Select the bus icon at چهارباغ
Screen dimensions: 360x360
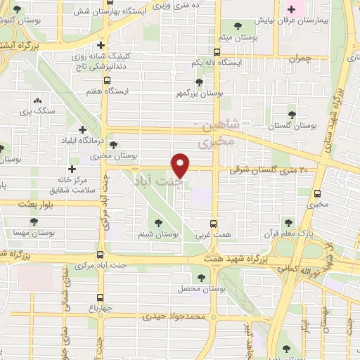tap(101, 297)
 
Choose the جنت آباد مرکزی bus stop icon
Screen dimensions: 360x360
tap(101, 255)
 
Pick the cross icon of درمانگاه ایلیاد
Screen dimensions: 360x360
tap(83, 129)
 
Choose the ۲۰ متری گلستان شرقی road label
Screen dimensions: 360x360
tap(269, 170)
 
